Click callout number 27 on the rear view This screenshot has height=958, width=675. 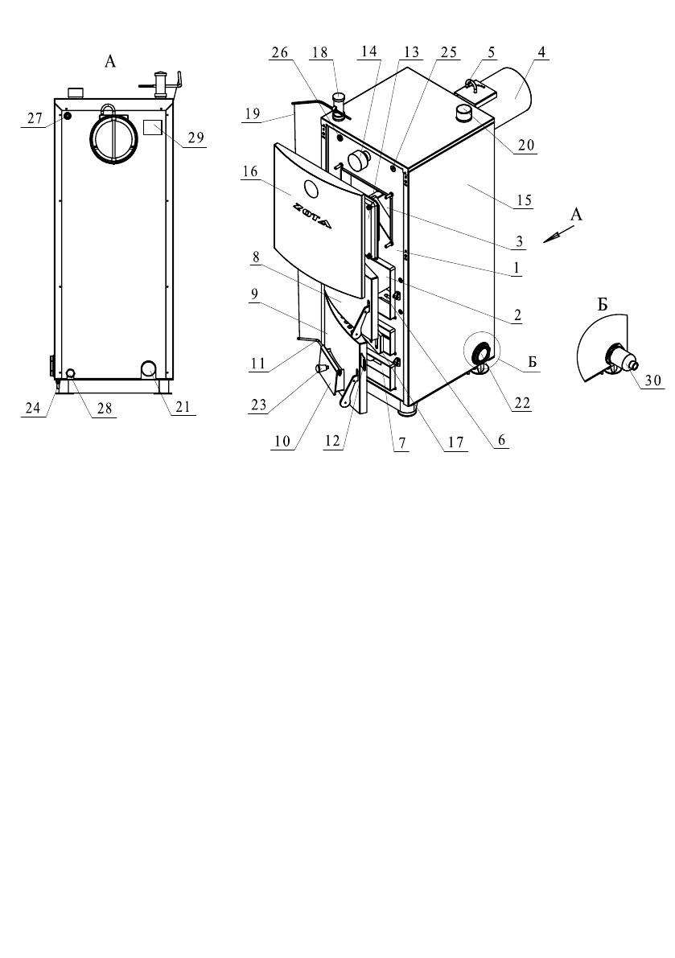tap(35, 117)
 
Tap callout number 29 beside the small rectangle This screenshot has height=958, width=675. tap(196, 138)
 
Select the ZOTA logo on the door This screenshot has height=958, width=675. tap(311, 215)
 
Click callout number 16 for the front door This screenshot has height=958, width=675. tap(250, 171)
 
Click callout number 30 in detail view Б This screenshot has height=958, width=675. tap(653, 380)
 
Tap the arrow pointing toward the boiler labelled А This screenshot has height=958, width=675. tap(559, 234)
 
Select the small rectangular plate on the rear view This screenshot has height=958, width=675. tap(152, 128)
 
